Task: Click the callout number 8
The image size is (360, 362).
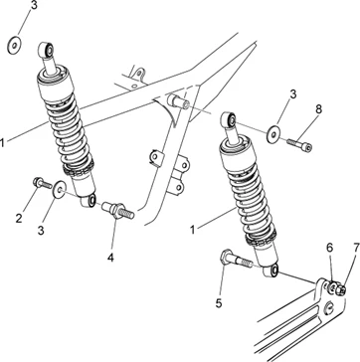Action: coord(318,109)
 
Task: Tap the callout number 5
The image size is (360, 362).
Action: coord(219,303)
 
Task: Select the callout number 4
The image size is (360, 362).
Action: coord(110,257)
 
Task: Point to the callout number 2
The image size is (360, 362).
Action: coord(19,218)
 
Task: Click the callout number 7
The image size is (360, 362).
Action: coord(356,248)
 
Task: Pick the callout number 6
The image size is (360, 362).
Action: coord(330,248)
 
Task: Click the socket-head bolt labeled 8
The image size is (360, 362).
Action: coord(299,144)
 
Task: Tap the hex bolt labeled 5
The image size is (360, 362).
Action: coord(236,260)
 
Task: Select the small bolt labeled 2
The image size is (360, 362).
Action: coord(42,183)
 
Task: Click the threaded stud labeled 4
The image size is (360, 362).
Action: coord(118,210)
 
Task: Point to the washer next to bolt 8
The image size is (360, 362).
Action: coord(273,134)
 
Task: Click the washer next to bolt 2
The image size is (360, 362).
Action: coord(60,189)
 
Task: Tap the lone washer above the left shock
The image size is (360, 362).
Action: coord(14,46)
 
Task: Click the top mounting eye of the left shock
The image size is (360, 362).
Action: coord(46,50)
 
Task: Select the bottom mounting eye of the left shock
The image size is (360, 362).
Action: coord(89,201)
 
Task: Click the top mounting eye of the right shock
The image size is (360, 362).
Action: coord(229,119)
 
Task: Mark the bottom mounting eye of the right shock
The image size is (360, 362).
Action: coord(271,271)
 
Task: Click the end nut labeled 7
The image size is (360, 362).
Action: coord(340,290)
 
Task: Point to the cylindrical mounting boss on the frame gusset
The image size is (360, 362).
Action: coord(178,100)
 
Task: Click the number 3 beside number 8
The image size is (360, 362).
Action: coord(292,94)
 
